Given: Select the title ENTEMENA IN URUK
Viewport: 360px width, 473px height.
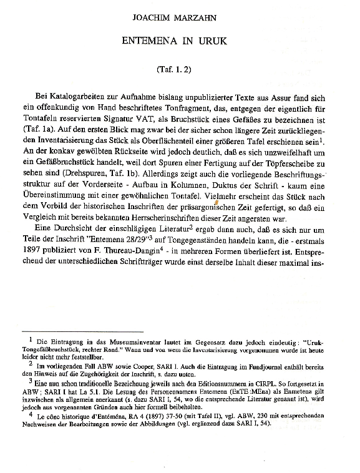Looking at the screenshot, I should tap(179, 41).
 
